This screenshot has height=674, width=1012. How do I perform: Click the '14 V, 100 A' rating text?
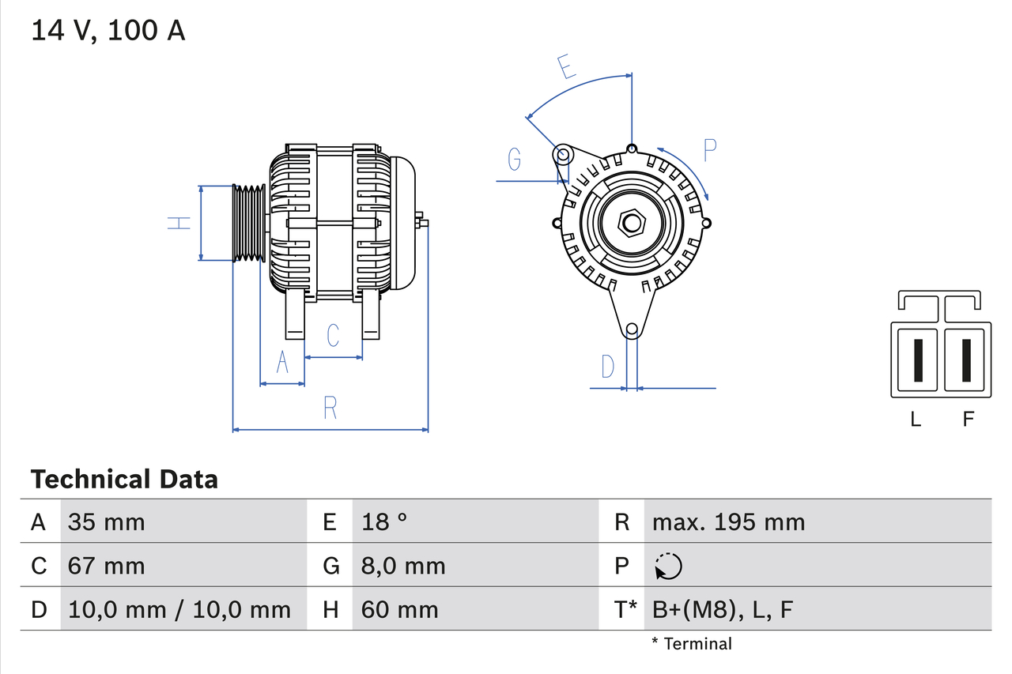tap(108, 31)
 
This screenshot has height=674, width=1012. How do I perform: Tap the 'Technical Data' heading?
tap(124, 479)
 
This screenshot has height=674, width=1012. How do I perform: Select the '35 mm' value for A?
tap(107, 522)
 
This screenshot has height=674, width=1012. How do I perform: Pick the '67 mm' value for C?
tap(107, 566)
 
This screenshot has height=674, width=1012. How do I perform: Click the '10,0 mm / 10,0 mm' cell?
tap(179, 609)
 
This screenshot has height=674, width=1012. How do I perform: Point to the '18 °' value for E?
tap(384, 522)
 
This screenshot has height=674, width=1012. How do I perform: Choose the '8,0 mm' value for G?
tap(403, 566)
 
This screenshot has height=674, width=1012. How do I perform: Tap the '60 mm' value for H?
tap(399, 609)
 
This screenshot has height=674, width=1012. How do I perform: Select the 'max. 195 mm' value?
tap(728, 522)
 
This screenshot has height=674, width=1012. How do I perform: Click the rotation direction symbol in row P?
tap(668, 566)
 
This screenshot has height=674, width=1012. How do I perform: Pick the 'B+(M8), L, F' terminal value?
tap(722, 609)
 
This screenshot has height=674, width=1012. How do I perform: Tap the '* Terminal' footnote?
tap(692, 643)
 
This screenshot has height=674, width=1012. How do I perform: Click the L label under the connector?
tap(916, 420)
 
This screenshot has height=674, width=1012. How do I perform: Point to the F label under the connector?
tap(969, 420)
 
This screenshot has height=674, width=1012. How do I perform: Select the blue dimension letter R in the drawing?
tap(330, 408)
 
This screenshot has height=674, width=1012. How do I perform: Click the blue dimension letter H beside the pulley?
tap(180, 223)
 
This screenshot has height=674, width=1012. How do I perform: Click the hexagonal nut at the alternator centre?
tap(631, 223)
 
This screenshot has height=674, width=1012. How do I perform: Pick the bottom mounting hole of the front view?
tap(632, 329)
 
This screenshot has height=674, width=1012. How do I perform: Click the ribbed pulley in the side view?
tap(249, 223)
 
